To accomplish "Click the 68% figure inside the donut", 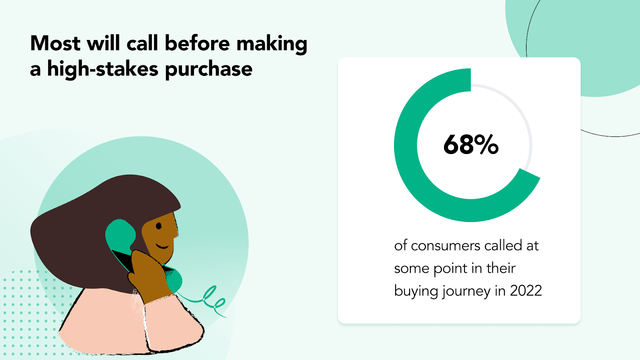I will pos(471,144).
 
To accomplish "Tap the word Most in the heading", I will pos(55,43).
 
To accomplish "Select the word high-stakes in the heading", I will pos(103,69).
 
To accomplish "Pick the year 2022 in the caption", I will pos(526,291).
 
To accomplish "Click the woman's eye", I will pos(158,226).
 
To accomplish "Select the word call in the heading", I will pos(142,43).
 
